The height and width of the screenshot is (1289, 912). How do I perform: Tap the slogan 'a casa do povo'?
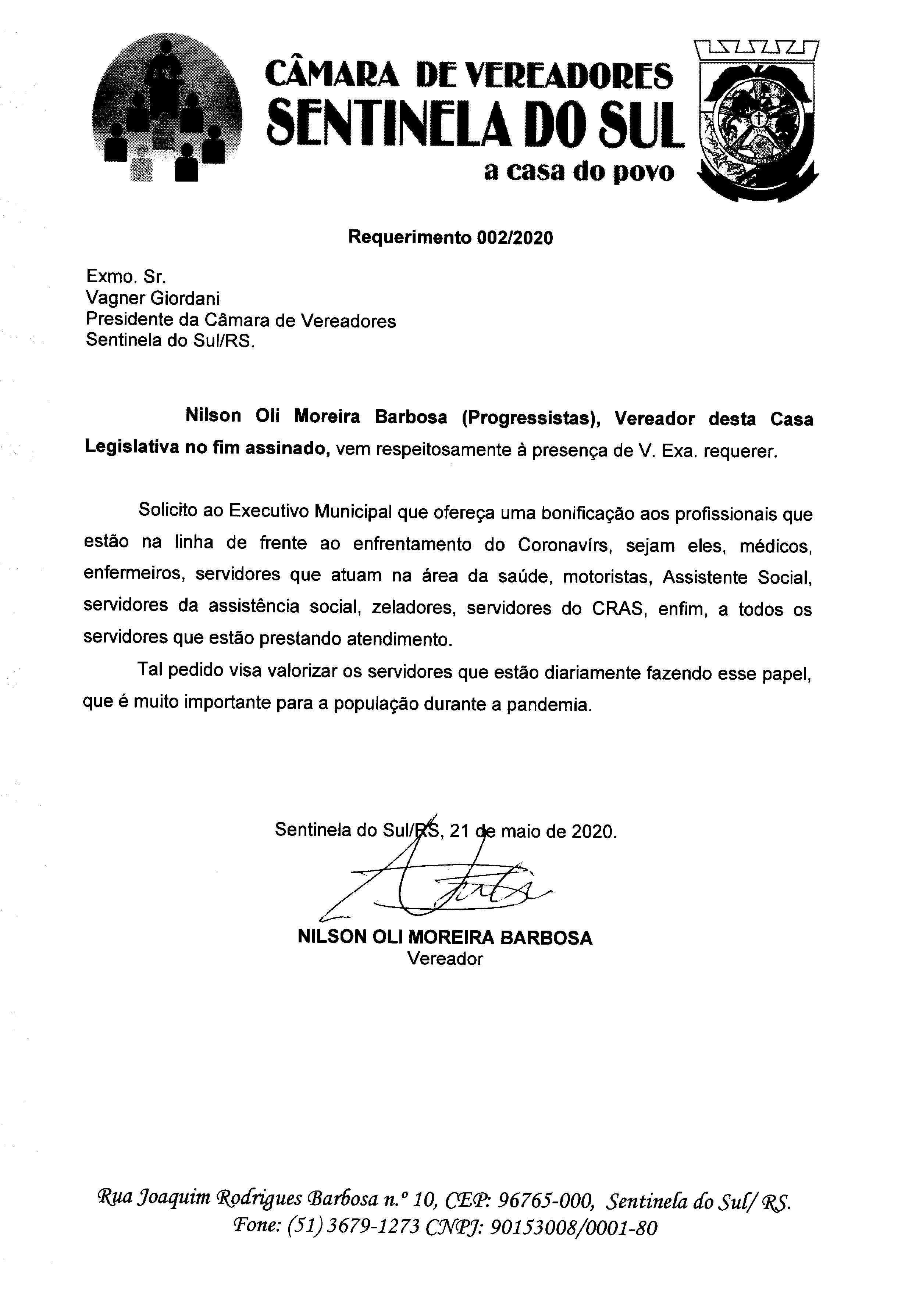(578, 172)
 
